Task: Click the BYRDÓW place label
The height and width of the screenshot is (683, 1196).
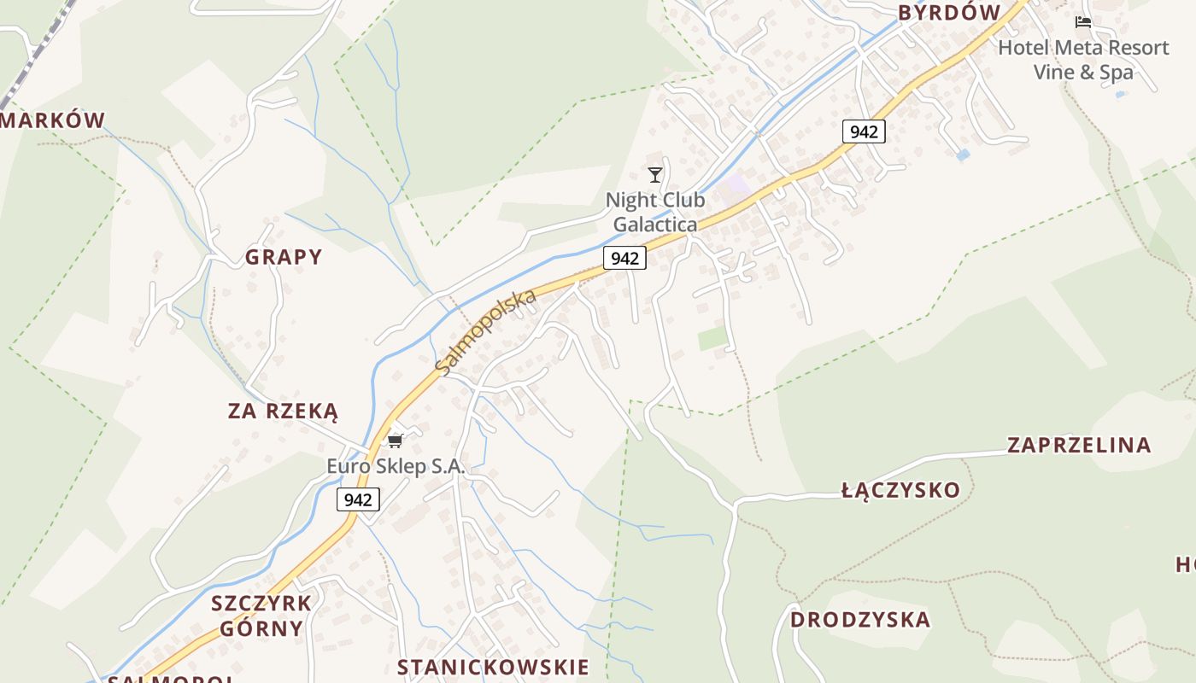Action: [948, 13]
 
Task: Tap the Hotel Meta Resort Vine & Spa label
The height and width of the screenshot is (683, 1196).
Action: [1083, 60]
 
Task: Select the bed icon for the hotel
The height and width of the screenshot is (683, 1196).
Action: [1083, 22]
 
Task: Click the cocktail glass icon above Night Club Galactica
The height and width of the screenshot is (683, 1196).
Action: [655, 175]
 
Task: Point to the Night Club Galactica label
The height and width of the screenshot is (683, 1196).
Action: [655, 212]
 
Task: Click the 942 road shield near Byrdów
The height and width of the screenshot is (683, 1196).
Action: [864, 131]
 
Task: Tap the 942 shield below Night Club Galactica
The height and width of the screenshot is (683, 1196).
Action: [624, 258]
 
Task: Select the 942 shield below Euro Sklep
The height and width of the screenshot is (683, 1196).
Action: [358, 499]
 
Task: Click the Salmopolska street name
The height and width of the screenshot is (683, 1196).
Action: [485, 331]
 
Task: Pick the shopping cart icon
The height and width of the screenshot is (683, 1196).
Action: [395, 441]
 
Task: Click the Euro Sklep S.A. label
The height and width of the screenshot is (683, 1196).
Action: [396, 466]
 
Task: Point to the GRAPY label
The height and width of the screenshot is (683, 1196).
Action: [284, 257]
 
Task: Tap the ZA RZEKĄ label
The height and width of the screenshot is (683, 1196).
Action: [283, 412]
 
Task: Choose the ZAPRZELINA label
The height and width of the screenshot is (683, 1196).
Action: [1079, 445]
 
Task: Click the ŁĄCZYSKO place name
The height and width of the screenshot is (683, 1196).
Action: [900, 490]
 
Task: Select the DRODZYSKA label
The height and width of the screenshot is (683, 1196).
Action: [859, 620]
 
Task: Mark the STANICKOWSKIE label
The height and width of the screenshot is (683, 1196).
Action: [493, 668]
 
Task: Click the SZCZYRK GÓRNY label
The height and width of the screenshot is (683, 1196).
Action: [261, 616]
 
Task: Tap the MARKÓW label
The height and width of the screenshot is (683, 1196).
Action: [53, 120]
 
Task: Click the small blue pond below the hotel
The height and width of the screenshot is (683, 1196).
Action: [964, 155]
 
